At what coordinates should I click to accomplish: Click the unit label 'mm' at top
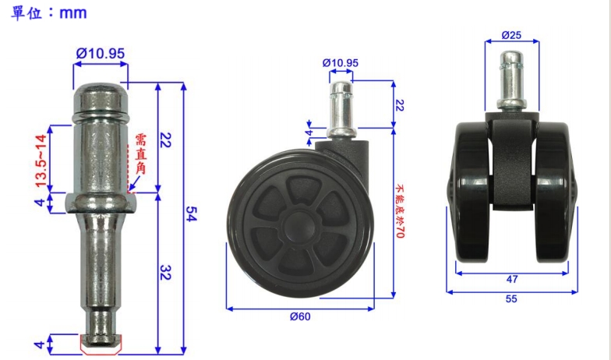73,13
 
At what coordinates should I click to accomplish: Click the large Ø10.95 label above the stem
101,53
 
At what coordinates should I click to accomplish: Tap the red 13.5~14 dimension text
41,161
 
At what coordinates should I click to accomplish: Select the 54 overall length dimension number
191,214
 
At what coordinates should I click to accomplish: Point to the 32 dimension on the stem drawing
166,273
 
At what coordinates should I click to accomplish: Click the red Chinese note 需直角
140,154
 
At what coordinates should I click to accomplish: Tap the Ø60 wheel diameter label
300,316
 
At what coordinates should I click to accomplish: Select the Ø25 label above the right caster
511,35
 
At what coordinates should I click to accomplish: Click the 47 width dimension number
512,279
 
